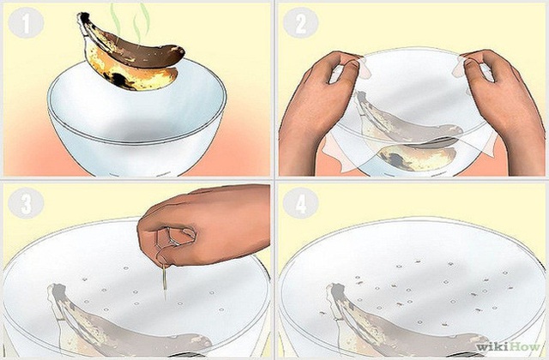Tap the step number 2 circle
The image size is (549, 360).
point(300,23)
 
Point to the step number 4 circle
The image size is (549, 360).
point(300,203)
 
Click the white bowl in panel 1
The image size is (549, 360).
point(137,129)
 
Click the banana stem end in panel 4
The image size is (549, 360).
point(332,291)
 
